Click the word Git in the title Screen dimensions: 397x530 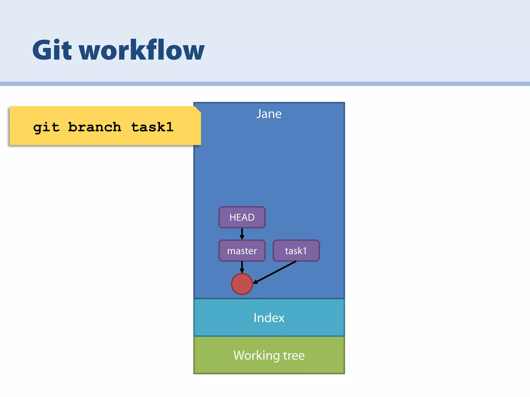click(52, 50)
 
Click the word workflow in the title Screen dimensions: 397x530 click(142, 50)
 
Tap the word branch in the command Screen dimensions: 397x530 click(94, 127)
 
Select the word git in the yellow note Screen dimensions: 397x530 click(46, 127)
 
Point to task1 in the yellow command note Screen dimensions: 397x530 click(152, 127)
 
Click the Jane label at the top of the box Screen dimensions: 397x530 click(269, 114)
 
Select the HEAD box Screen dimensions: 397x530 click(242, 217)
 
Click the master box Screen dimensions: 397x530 click(242, 251)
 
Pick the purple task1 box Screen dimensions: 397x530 click(296, 251)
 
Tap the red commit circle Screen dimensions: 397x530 click(242, 284)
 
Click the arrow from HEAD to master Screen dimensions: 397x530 click(242, 234)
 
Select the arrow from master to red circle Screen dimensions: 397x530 click(242, 267)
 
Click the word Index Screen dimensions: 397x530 click(269, 318)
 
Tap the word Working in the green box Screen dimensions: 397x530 click(256, 356)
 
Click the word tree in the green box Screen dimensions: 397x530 click(294, 356)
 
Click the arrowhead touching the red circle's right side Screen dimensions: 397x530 click(255, 282)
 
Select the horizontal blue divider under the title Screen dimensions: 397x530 click(265, 84)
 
